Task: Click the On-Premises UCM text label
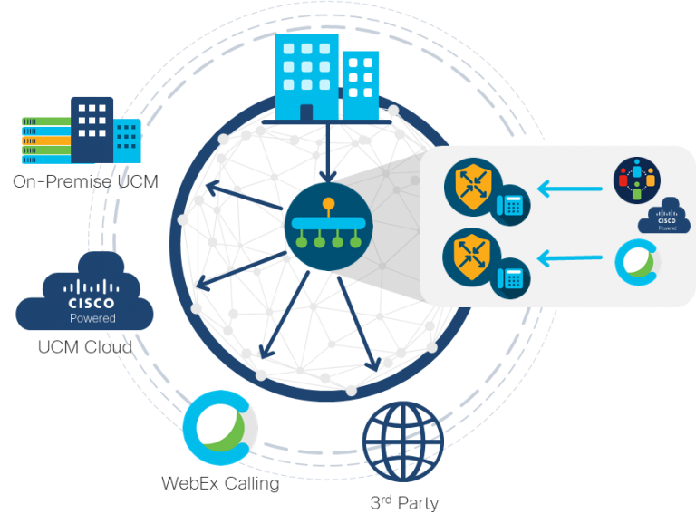click(x=85, y=182)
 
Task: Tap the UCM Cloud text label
click(x=84, y=347)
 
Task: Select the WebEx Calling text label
click(x=220, y=483)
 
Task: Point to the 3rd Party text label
click(x=403, y=502)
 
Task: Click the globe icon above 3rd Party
click(x=403, y=442)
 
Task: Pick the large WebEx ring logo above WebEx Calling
click(x=220, y=430)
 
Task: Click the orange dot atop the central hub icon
click(x=327, y=203)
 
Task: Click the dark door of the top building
click(x=306, y=112)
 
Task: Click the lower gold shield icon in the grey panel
click(x=469, y=257)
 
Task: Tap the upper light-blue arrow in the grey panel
click(x=571, y=189)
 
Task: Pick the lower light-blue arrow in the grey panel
click(x=571, y=259)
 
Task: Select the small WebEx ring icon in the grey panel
click(x=637, y=260)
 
